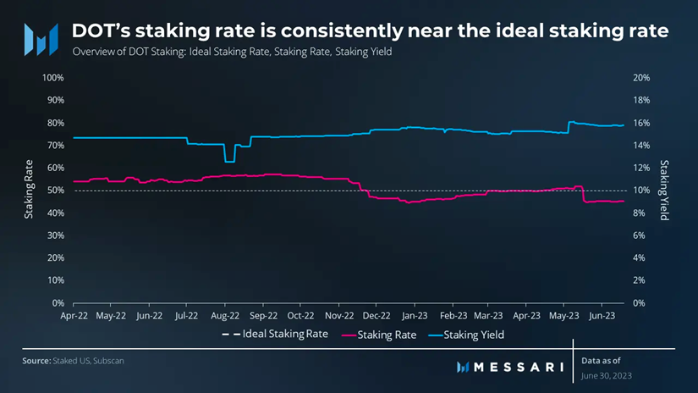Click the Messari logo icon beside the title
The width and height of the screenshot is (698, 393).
(x=40, y=36)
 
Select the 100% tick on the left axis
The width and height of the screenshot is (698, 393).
(x=52, y=78)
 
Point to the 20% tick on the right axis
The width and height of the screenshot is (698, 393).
(x=641, y=78)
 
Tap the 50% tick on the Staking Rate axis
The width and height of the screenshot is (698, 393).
(x=55, y=191)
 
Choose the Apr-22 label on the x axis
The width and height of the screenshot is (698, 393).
(x=74, y=315)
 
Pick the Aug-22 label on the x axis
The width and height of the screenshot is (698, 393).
(x=224, y=315)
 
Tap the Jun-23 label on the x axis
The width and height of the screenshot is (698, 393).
(x=602, y=315)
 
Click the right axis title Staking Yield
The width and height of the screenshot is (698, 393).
(x=664, y=191)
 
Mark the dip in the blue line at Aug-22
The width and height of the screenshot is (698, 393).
(x=228, y=160)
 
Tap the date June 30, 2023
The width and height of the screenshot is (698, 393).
(x=607, y=374)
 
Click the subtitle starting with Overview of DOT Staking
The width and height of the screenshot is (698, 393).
(x=233, y=53)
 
